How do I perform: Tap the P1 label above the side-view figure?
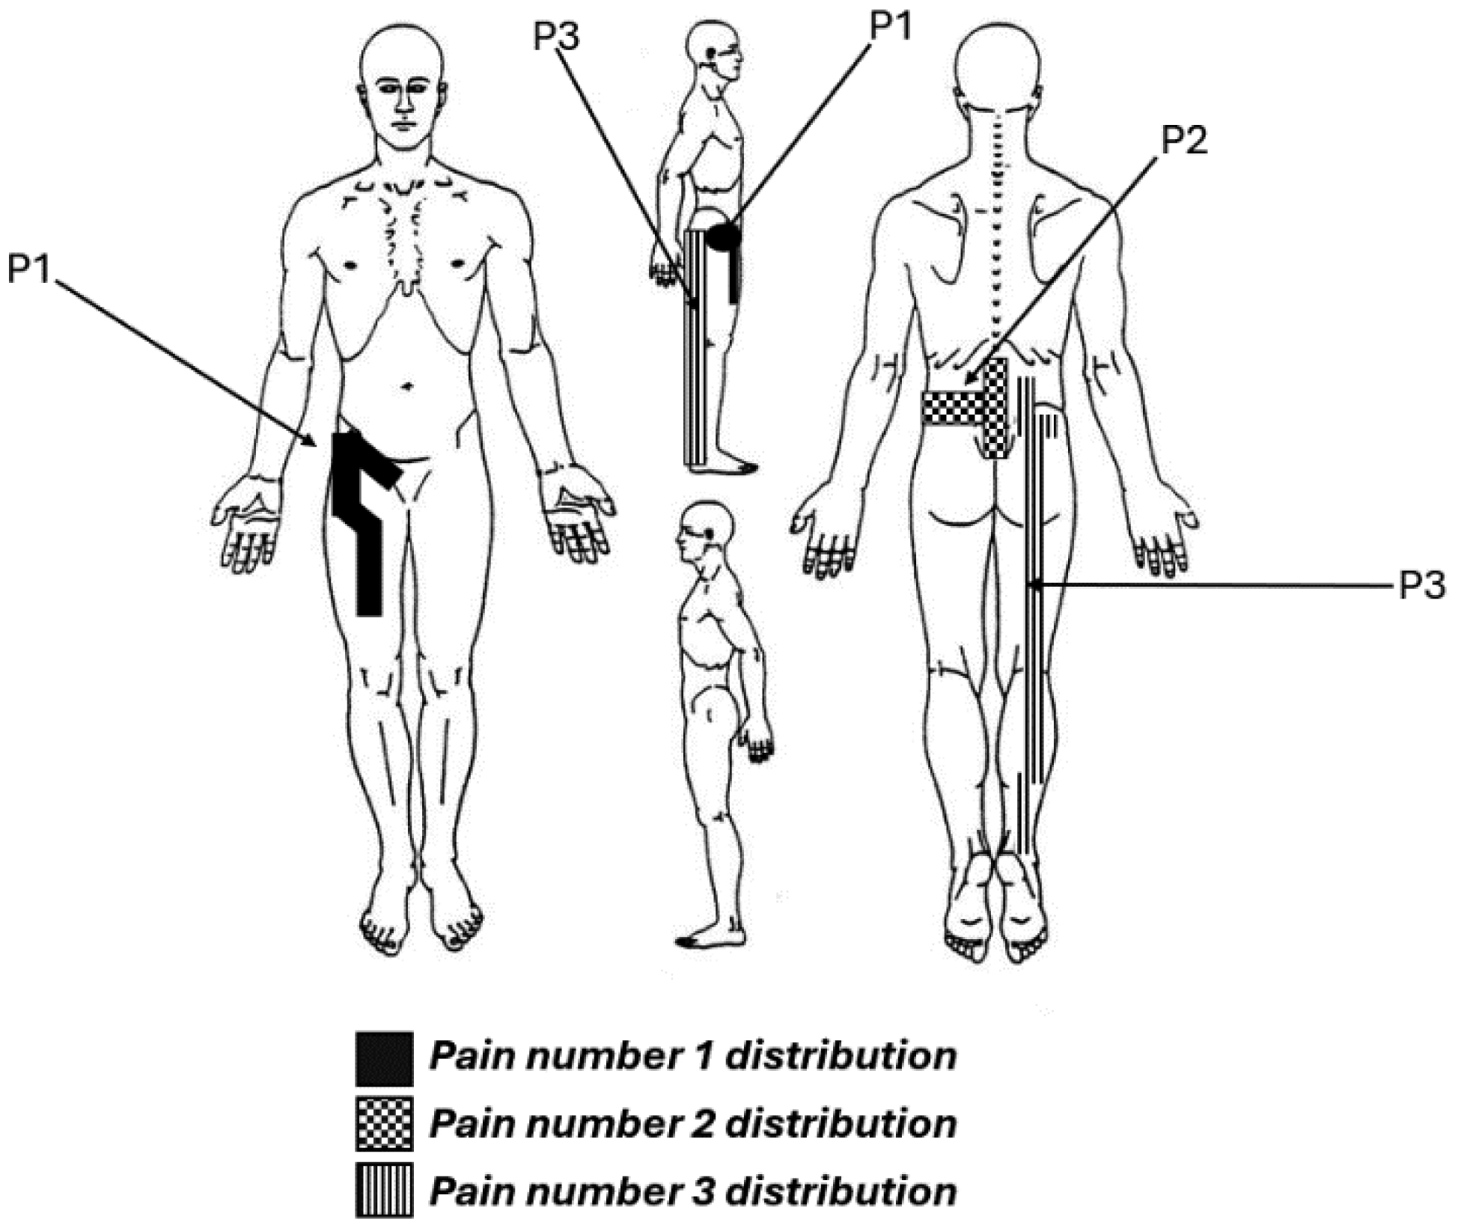tap(890, 28)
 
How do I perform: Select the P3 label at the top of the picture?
tap(555, 36)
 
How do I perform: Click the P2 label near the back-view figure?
tap(1183, 140)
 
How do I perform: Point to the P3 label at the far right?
tap(1421, 586)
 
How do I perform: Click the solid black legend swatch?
tap(384, 1059)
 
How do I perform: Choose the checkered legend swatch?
tap(384, 1124)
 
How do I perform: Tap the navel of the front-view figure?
tap(407, 387)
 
